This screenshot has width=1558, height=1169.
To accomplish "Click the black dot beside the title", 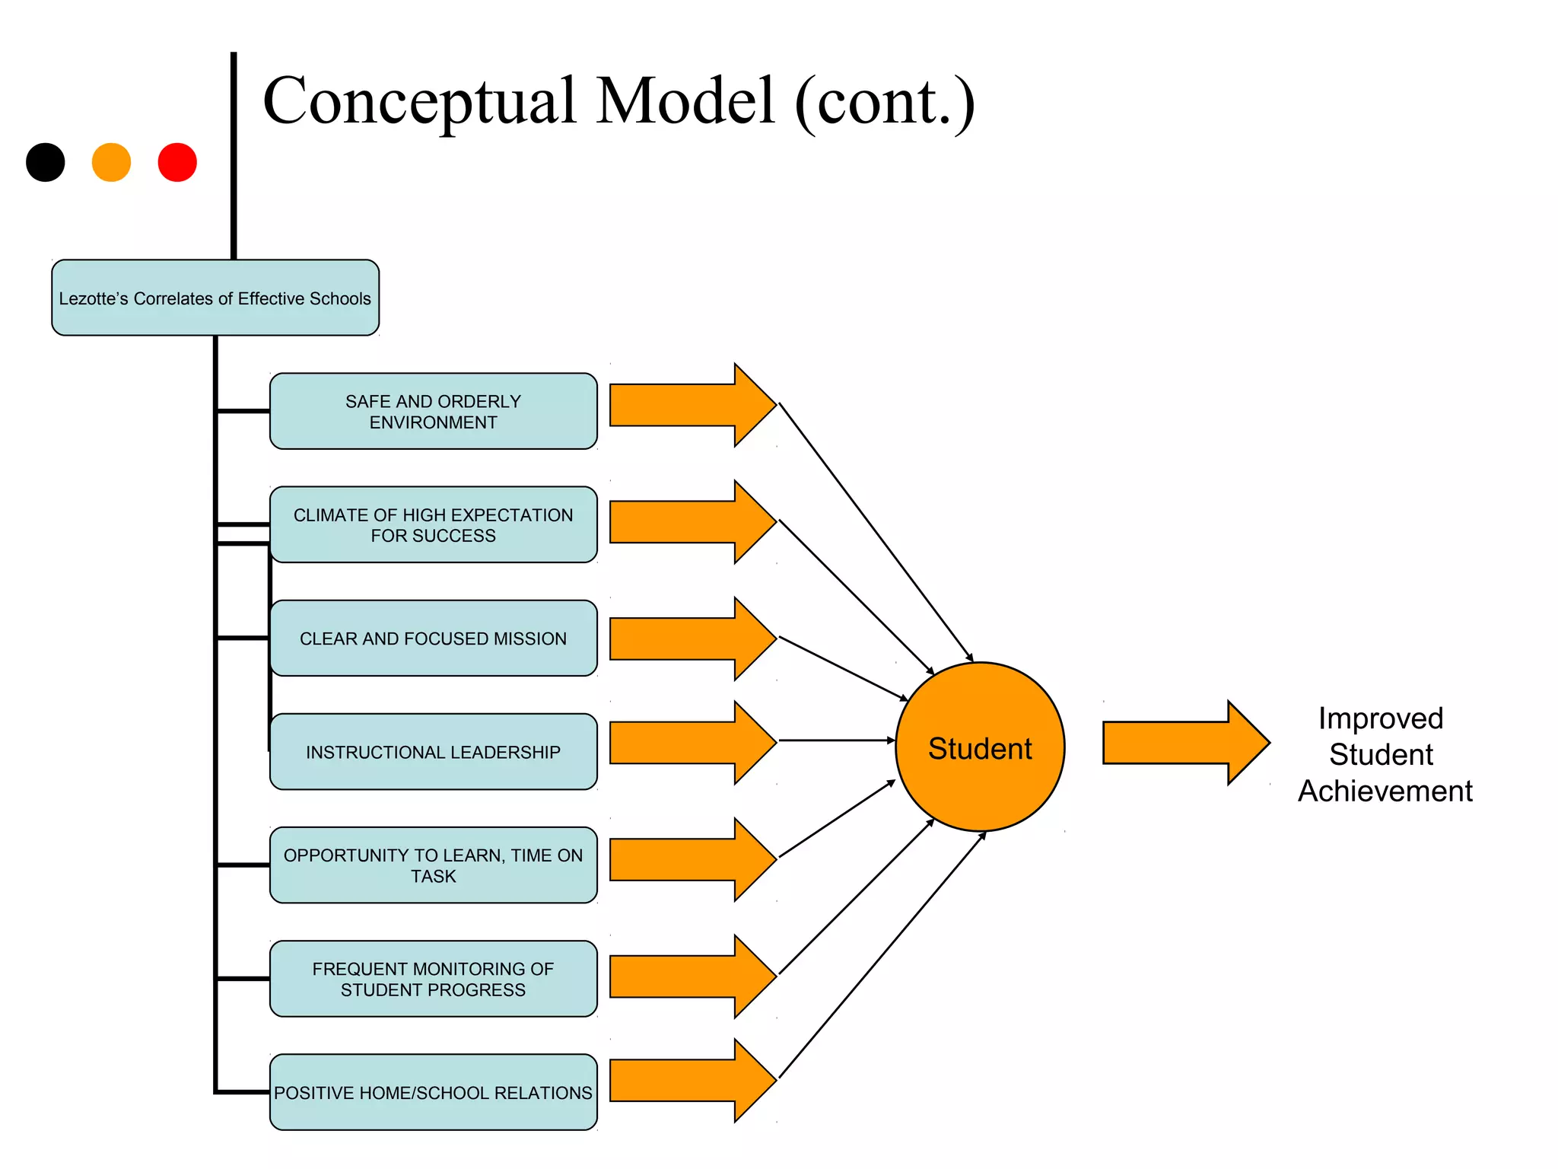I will [x=46, y=162].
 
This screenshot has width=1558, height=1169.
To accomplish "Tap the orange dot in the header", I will [x=111, y=162].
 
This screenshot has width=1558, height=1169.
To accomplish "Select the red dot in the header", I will [x=177, y=162].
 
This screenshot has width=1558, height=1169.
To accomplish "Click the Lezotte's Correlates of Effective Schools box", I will [x=215, y=298].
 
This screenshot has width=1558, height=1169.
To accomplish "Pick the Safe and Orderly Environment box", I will [x=433, y=411].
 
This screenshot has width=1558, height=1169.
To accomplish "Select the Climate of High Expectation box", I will [x=433, y=524].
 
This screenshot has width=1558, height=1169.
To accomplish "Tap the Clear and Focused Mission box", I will [x=433, y=638].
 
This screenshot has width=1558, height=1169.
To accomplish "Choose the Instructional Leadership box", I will [x=433, y=751].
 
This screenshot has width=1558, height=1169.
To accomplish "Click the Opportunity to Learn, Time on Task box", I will [x=433, y=865].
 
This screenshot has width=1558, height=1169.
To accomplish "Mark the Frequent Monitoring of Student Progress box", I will [x=433, y=978].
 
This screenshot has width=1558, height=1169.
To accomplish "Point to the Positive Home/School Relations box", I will [x=433, y=1091].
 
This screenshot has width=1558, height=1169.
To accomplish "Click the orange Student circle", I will [x=980, y=747].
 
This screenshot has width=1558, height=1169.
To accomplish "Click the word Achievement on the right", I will [x=1385, y=791].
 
